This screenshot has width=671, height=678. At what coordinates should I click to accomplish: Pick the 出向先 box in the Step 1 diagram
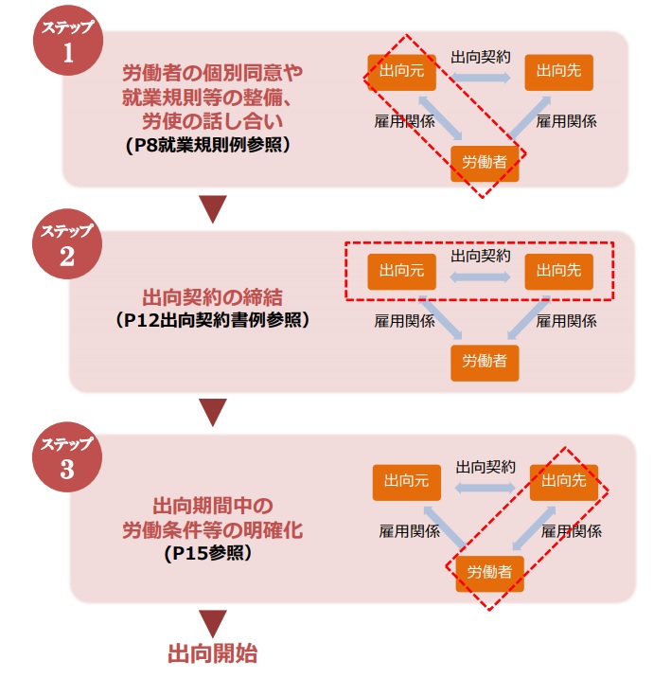point(557,69)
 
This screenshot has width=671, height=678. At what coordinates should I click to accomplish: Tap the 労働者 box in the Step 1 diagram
point(485,161)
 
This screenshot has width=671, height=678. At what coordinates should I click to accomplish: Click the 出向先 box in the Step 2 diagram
point(558,271)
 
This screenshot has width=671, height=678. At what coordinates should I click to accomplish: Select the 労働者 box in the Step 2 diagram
point(485,362)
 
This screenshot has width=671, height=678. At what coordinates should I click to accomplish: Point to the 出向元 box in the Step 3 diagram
point(406,481)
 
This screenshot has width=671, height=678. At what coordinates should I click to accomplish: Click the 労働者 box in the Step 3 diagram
point(490,572)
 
